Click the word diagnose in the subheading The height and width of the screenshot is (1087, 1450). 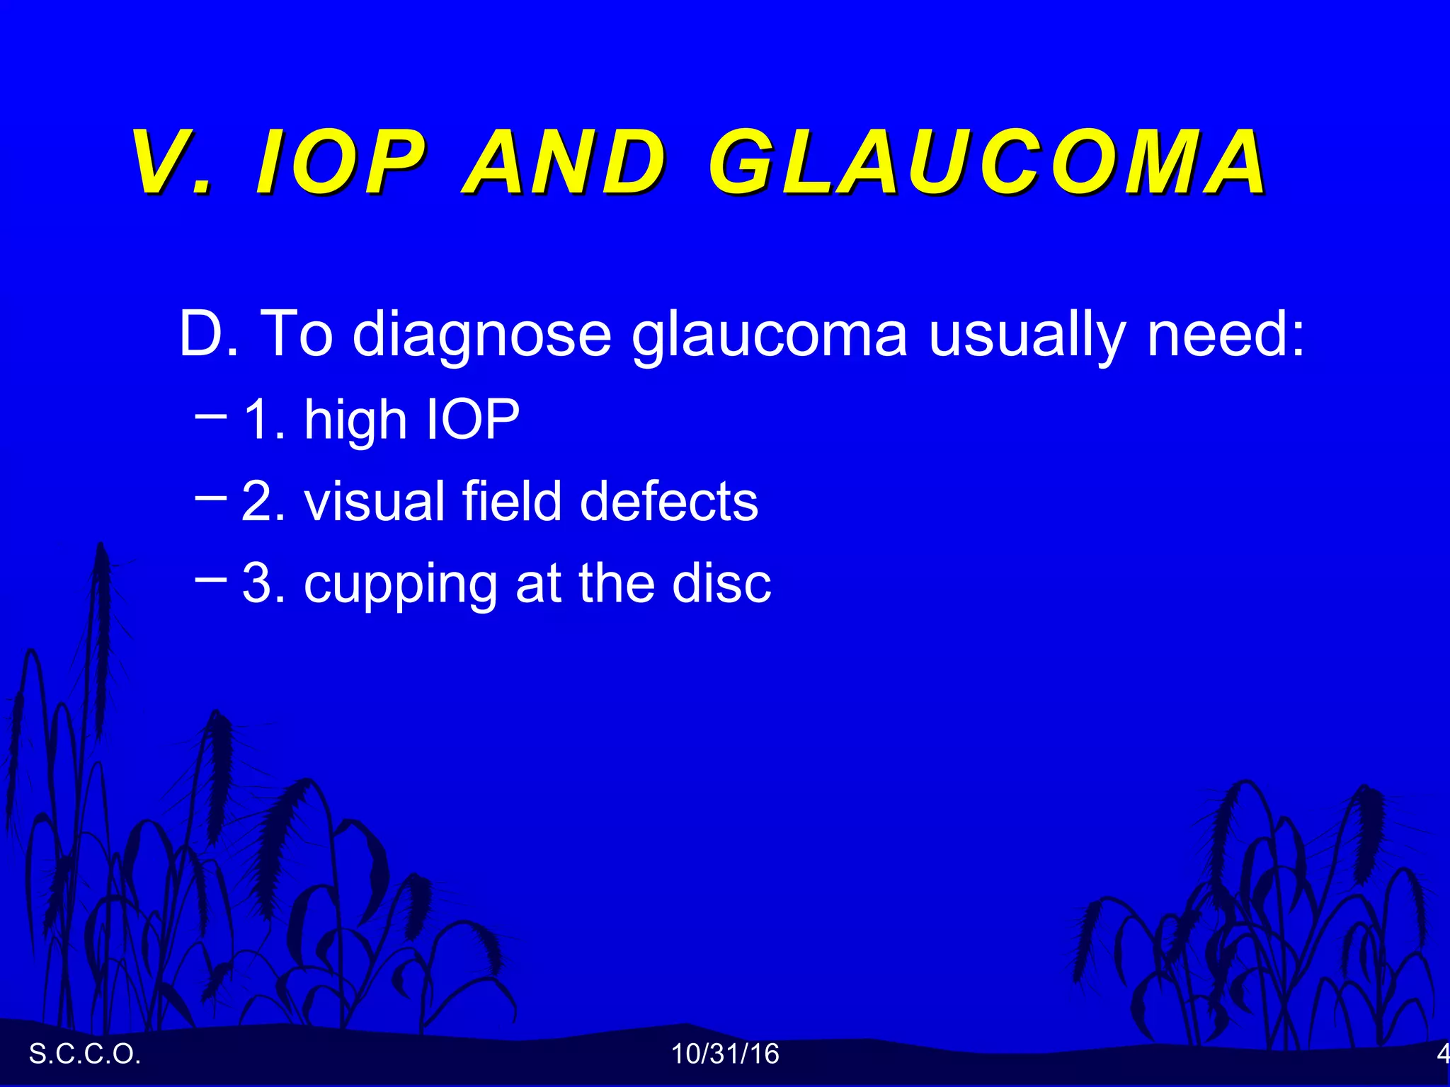point(481,335)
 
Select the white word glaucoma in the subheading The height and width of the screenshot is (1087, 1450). point(769,335)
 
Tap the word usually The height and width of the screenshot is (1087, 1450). point(1026,335)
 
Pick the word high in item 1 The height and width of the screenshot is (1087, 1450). point(355,421)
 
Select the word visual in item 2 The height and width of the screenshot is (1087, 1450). point(375,501)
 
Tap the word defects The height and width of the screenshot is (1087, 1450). point(668,501)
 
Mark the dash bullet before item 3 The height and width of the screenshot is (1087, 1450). point(210,578)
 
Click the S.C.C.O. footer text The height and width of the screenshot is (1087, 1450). point(85,1054)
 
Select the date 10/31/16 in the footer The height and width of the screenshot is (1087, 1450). point(725,1054)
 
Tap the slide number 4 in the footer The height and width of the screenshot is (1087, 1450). point(1442,1054)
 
